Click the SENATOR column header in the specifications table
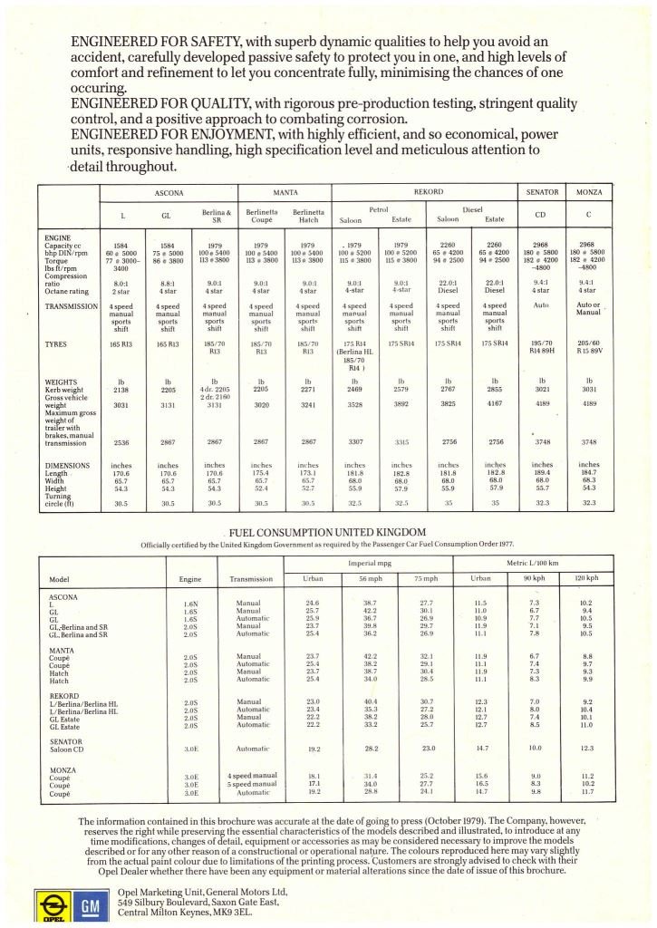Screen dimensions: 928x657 (542, 194)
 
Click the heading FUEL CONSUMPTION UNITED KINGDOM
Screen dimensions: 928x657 (327, 531)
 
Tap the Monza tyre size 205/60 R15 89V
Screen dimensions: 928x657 (589, 349)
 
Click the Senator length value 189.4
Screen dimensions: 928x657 (542, 472)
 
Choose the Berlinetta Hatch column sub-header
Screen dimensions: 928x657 (308, 215)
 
